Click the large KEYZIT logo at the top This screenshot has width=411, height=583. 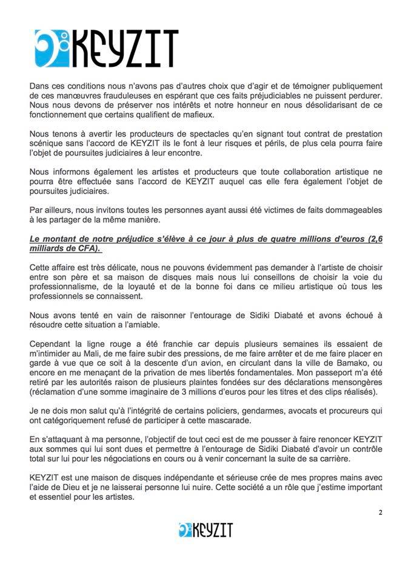[x=106, y=48]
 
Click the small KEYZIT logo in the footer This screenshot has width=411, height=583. [x=206, y=530]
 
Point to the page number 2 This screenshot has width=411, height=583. [x=379, y=512]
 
